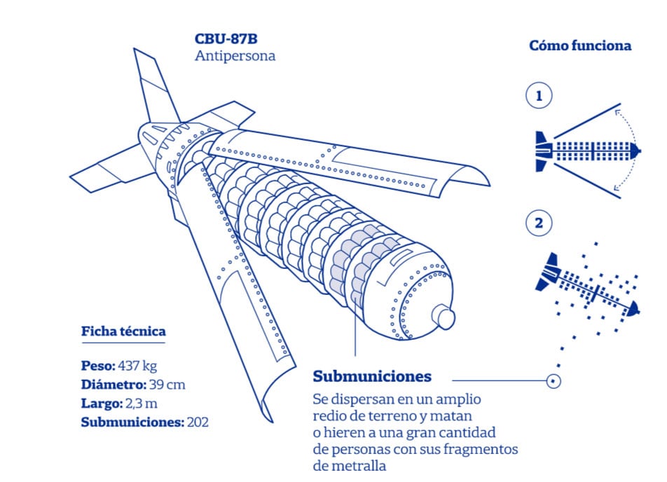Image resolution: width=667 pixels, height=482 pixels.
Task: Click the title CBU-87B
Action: pyautogui.click(x=226, y=39)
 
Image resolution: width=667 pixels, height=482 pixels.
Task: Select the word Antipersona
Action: pyautogui.click(x=235, y=56)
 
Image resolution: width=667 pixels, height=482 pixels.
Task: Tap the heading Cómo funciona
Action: pyautogui.click(x=579, y=46)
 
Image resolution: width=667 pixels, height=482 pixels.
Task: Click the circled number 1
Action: pyautogui.click(x=538, y=96)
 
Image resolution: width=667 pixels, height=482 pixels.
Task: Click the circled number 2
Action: pyautogui.click(x=538, y=223)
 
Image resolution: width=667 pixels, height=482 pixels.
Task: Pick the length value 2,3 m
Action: pyautogui.click(x=140, y=404)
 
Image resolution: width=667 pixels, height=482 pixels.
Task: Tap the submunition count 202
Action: pyautogui.click(x=198, y=422)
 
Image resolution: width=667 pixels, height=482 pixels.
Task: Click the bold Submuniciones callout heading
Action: pyautogui.click(x=372, y=376)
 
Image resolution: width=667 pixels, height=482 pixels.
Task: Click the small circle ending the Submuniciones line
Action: pyautogui.click(x=553, y=382)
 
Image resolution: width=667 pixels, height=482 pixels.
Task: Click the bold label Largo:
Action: pyautogui.click(x=102, y=404)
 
